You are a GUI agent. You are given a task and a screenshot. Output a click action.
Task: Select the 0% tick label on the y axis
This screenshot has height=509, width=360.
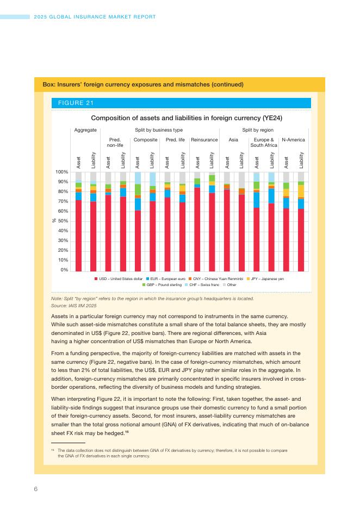pos(64,270)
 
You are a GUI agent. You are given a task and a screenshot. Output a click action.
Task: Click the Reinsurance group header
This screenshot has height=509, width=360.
pos(204,140)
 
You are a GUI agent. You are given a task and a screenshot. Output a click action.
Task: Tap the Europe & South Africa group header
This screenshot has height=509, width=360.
pos(264,142)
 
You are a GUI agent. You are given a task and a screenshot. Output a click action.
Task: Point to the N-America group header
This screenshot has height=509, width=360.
pos(294,140)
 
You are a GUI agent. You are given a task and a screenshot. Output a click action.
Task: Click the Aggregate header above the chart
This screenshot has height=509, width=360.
pos(85,131)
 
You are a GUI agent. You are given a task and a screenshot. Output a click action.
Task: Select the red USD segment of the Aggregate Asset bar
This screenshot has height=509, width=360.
pos(79,236)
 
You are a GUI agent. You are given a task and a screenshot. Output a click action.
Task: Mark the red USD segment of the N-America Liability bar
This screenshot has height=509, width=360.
pos(301,240)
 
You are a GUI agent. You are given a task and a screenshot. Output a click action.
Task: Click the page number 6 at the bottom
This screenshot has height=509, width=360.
pos(36,489)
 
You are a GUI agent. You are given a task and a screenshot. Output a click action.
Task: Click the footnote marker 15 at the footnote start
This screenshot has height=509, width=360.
pos(53,450)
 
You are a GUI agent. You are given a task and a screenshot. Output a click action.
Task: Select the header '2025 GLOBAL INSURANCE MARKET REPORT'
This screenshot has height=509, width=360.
pos(95,17)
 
